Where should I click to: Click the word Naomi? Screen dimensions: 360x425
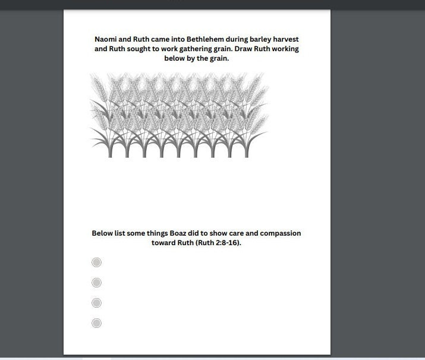(x=107, y=39)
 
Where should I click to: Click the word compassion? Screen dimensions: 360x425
(x=278, y=234)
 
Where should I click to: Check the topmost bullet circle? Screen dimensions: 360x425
(x=97, y=262)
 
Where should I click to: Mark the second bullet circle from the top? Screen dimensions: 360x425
(x=97, y=283)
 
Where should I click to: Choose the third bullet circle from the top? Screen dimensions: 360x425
(x=97, y=303)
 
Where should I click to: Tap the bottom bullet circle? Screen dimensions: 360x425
(x=97, y=323)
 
